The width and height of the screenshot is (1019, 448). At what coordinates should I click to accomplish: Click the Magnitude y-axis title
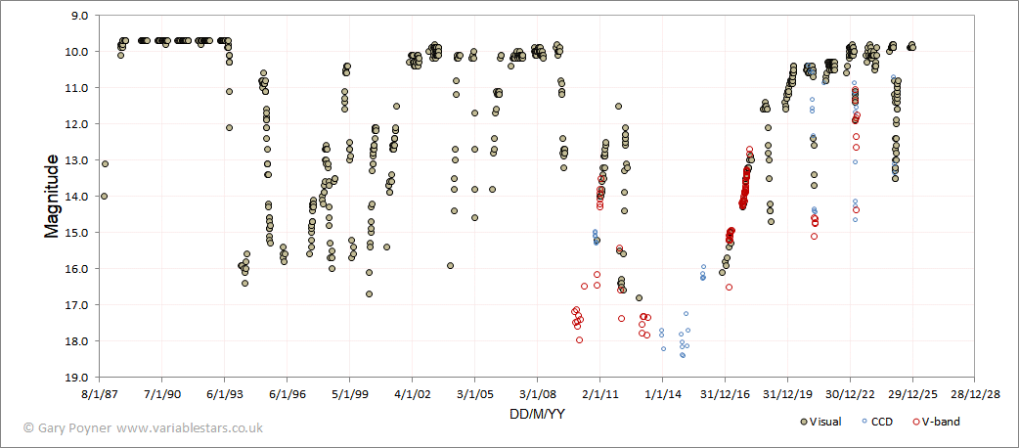pyautogui.click(x=51, y=197)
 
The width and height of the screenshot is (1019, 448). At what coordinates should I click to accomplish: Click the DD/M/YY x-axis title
pyautogui.click(x=536, y=413)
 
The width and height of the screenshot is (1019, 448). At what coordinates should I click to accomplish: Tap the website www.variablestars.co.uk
pyautogui.click(x=189, y=427)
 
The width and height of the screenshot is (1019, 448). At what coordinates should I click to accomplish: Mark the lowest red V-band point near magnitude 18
pyautogui.click(x=580, y=340)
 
